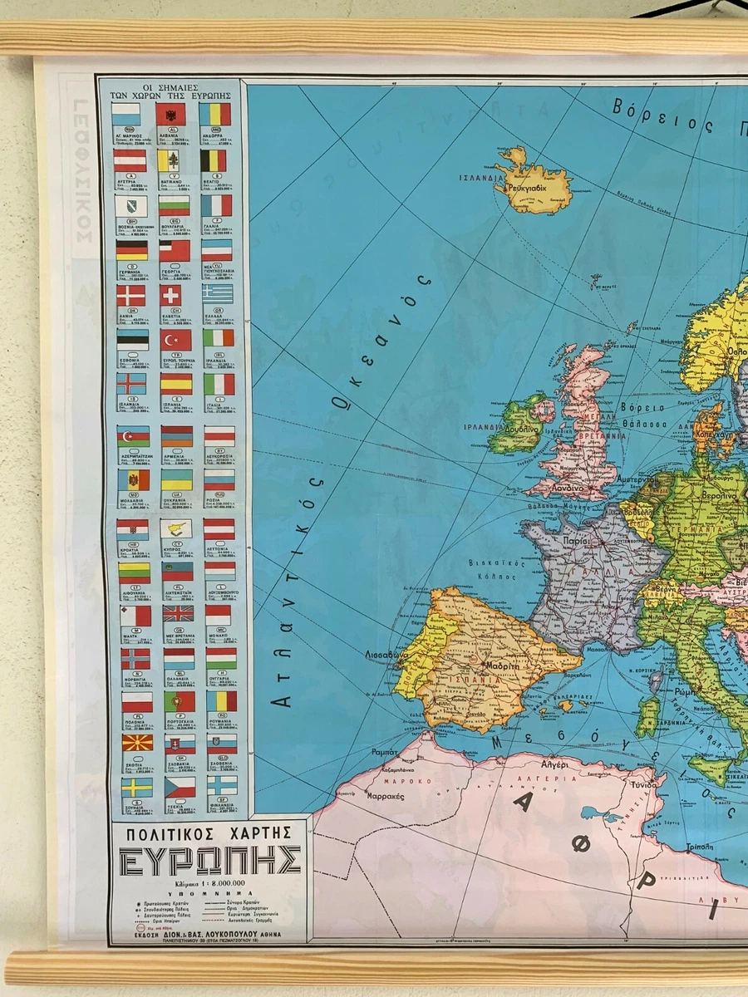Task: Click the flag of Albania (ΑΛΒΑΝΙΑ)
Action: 171,114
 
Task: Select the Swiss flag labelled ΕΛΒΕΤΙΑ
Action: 175,295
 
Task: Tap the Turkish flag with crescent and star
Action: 175,340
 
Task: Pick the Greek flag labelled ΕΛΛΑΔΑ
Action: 219,294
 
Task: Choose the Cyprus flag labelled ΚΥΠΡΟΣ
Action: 176,528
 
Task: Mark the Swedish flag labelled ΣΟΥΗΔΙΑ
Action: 136,786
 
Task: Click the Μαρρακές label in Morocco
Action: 383,795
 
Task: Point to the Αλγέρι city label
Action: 554,764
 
